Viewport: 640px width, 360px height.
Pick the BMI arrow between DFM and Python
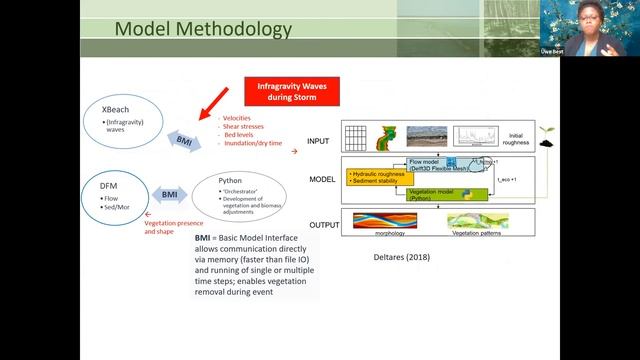pos(170,192)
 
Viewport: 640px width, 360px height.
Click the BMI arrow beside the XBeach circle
pos(183,140)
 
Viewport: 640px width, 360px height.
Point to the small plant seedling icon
pos(545,134)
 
